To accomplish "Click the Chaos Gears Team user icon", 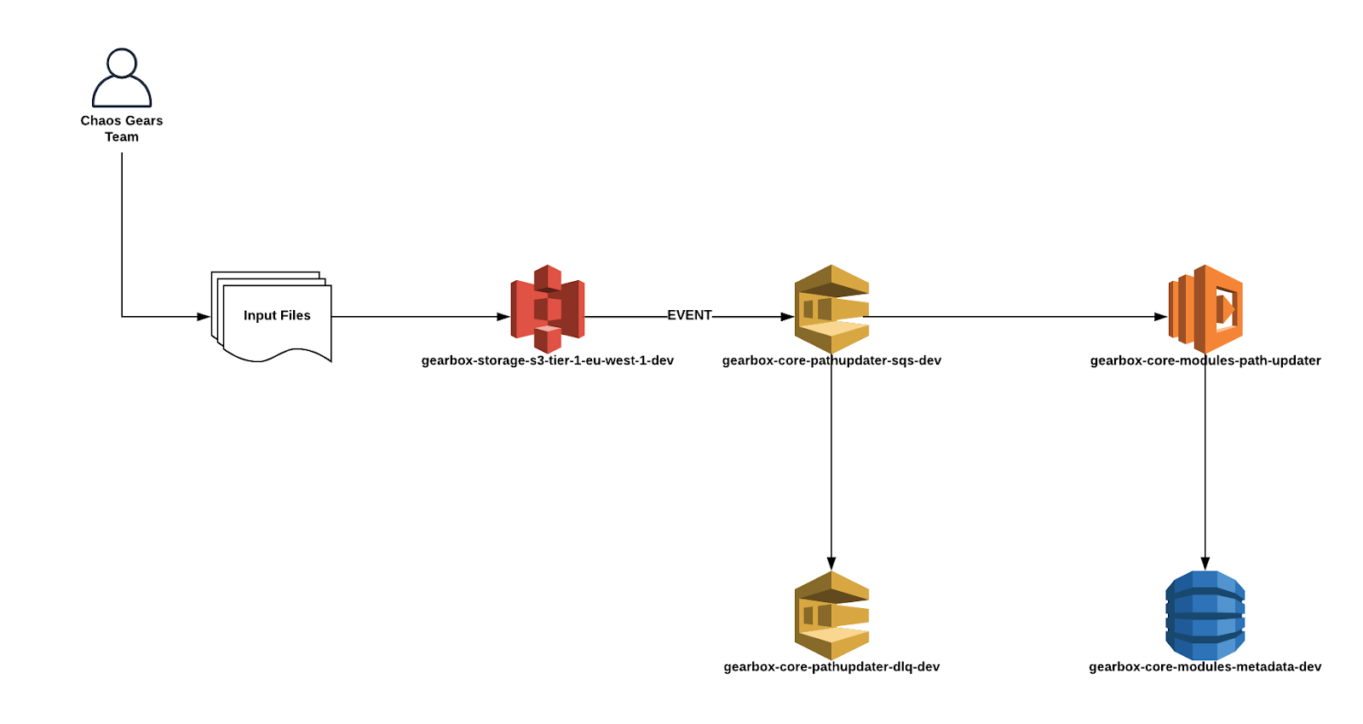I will pyautogui.click(x=122, y=78).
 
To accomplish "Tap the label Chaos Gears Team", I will pyautogui.click(x=122, y=129).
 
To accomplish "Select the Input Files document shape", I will pyautogui.click(x=273, y=317).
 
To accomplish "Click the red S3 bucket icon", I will pyautogui.click(x=548, y=308).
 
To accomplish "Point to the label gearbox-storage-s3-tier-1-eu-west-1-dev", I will pyautogui.click(x=548, y=360).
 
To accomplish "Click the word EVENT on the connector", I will pyautogui.click(x=689, y=315).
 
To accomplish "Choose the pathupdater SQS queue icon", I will pyautogui.click(x=831, y=308).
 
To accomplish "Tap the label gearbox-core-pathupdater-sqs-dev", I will pyautogui.click(x=831, y=360).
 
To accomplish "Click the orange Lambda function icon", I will pyautogui.click(x=1205, y=308).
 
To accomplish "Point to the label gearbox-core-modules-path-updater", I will pyautogui.click(x=1205, y=360).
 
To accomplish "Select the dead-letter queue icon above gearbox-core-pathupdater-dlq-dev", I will pyautogui.click(x=831, y=615).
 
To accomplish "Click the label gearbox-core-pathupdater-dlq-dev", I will pyautogui.click(x=831, y=667).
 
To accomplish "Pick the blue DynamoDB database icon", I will pyautogui.click(x=1205, y=615).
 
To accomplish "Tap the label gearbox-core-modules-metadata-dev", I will pyautogui.click(x=1205, y=667).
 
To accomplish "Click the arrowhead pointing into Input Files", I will pyautogui.click(x=204, y=317).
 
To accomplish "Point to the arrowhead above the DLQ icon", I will pyautogui.click(x=831, y=563).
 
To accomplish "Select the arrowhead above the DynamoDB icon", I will pyautogui.click(x=1205, y=563).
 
